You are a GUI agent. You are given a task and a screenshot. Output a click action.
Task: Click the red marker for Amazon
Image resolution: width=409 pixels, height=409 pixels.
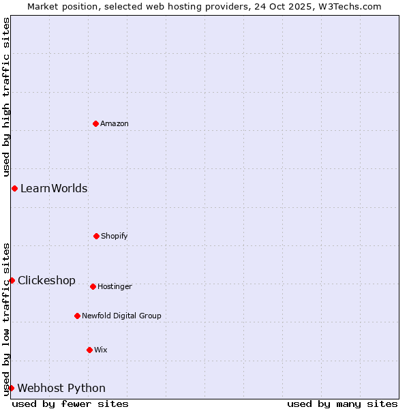(x=96, y=123)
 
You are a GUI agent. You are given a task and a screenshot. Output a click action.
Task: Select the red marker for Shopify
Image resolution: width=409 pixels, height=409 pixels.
(x=96, y=236)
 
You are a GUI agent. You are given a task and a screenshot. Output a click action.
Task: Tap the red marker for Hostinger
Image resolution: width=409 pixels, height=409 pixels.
(x=93, y=286)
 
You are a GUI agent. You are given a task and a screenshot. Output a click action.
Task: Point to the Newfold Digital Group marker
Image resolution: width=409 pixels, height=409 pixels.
(x=77, y=316)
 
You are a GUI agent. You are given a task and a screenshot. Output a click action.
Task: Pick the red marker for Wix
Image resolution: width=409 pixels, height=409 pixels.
(x=89, y=350)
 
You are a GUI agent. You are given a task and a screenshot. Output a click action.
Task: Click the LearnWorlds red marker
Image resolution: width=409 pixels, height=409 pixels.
(x=14, y=188)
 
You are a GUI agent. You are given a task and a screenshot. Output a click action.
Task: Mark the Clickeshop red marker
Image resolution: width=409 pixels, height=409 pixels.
(x=12, y=280)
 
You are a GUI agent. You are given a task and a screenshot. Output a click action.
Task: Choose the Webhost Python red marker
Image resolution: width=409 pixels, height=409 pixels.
(x=11, y=388)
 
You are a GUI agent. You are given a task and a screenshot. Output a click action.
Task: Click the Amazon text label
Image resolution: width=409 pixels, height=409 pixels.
(x=115, y=123)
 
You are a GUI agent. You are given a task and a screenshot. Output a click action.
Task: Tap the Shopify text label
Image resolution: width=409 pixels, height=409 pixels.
(x=115, y=236)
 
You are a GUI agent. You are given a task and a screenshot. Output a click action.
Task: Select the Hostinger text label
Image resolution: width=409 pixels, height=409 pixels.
(x=115, y=286)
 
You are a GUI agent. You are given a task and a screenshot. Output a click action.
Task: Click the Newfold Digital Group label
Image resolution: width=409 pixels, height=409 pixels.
(x=121, y=316)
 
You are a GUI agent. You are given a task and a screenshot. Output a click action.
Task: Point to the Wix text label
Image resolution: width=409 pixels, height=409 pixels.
(x=101, y=350)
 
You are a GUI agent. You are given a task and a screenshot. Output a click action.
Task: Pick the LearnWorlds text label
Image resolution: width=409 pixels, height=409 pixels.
(x=54, y=188)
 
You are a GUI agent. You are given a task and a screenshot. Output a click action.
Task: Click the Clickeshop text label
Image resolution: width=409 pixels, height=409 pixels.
(x=46, y=280)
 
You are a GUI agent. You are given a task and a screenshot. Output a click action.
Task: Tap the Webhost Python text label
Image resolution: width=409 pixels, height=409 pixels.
(x=61, y=388)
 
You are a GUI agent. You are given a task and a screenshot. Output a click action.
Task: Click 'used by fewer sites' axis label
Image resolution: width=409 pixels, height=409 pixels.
(x=70, y=404)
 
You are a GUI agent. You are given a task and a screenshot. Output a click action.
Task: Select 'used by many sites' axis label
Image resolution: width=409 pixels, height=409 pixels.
(x=342, y=404)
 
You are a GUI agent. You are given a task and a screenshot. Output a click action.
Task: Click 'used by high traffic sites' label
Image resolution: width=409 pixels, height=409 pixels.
(x=6, y=97)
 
